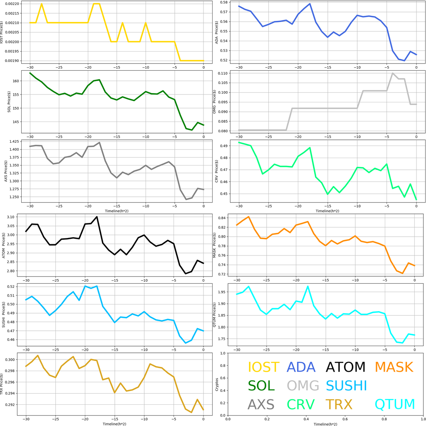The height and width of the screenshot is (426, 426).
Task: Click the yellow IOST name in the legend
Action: coord(263,367)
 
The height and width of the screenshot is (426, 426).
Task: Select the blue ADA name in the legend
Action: coord(301,367)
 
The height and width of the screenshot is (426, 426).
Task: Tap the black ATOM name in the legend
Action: coord(345,367)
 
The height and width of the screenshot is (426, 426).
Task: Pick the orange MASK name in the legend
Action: coord(394,367)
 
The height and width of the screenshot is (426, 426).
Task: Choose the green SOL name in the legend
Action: coord(261,386)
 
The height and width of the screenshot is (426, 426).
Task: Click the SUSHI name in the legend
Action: coord(346,386)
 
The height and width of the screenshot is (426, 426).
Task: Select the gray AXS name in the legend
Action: coord(261,404)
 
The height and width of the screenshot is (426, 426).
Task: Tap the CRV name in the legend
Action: coord(301,404)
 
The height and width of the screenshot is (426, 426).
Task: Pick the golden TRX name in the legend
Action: coord(339,404)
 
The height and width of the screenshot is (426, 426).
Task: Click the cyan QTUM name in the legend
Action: coord(395,404)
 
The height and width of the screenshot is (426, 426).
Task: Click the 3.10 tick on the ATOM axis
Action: coord(11,217)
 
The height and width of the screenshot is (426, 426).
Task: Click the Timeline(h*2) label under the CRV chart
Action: coord(326,211)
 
